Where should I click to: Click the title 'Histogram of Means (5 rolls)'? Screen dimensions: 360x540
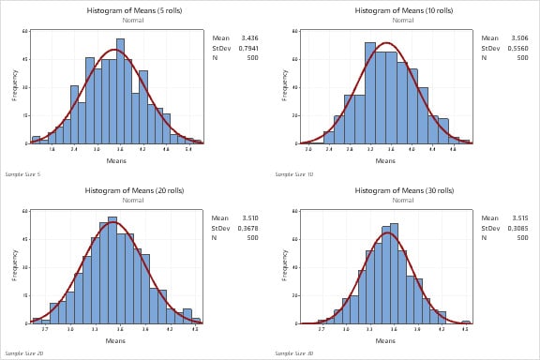click(x=116, y=10)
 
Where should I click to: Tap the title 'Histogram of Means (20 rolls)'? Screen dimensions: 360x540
click(x=116, y=190)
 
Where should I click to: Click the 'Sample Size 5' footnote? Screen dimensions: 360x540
click(x=22, y=174)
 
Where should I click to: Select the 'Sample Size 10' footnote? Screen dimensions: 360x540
click(x=292, y=174)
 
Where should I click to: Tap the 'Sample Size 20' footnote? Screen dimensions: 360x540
click(x=22, y=353)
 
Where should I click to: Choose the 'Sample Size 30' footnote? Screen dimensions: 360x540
click(x=292, y=353)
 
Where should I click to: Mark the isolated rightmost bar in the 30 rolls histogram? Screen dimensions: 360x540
click(x=465, y=322)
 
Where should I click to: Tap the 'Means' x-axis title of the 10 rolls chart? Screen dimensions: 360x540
click(x=386, y=159)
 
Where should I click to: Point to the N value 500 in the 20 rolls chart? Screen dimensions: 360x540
click(x=248, y=236)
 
